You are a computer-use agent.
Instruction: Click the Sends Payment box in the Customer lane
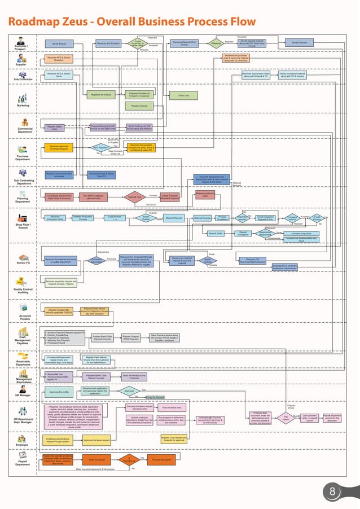click(x=299, y=43)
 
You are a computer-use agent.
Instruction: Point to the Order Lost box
click(x=183, y=95)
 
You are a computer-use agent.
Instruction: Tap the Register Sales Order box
click(x=55, y=128)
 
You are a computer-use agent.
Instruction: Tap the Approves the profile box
click(x=59, y=392)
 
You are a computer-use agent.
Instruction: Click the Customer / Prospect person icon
click(x=21, y=41)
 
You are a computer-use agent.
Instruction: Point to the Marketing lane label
click(x=23, y=106)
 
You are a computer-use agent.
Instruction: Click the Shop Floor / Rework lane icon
click(x=22, y=218)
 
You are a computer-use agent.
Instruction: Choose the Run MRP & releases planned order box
click(x=94, y=197)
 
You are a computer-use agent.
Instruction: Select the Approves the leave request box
click(x=96, y=439)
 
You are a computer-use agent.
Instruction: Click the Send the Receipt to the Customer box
click(x=134, y=376)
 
